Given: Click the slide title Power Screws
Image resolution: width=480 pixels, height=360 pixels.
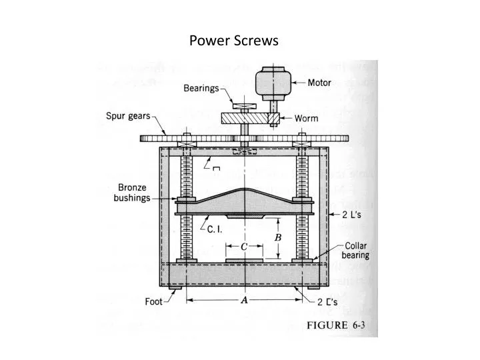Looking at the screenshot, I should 234,41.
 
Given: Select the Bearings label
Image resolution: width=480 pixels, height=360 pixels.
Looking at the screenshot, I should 200,88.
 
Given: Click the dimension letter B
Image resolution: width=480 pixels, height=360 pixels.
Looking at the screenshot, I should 279,237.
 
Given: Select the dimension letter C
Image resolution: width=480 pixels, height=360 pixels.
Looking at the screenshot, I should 244,247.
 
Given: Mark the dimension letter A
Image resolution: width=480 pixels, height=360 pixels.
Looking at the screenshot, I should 244,301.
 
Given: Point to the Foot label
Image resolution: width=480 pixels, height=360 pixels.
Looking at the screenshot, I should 155,301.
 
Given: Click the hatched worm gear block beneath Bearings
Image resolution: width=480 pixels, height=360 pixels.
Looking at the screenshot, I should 243,118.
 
